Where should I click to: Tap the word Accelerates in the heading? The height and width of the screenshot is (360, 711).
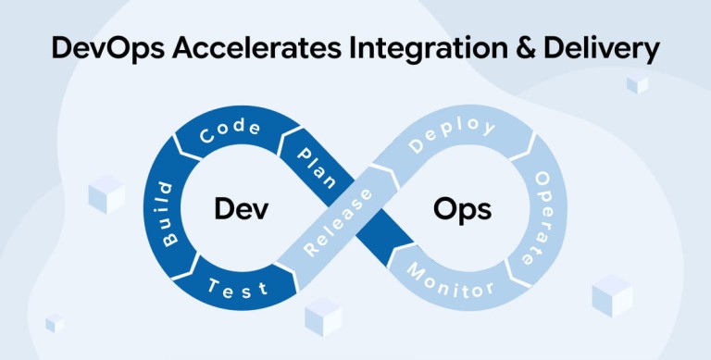[256, 48]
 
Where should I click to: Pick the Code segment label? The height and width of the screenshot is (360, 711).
[231, 131]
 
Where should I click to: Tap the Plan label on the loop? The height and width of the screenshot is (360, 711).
[317, 168]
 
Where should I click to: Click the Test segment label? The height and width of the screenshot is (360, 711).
[238, 289]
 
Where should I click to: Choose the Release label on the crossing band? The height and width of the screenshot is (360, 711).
[338, 223]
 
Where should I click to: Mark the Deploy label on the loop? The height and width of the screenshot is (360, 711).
[452, 134]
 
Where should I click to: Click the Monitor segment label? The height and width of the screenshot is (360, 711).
[450, 280]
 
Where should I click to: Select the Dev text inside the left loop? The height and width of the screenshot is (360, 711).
[242, 209]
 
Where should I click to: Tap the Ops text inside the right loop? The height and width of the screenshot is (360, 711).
[462, 211]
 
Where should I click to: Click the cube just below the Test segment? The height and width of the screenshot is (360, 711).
[323, 317]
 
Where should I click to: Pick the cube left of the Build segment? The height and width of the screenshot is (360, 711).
[106, 194]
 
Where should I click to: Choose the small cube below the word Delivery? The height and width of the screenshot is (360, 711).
[638, 85]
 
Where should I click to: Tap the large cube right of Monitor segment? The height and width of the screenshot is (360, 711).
[612, 295]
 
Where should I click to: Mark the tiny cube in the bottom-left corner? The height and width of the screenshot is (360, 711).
[55, 323]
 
